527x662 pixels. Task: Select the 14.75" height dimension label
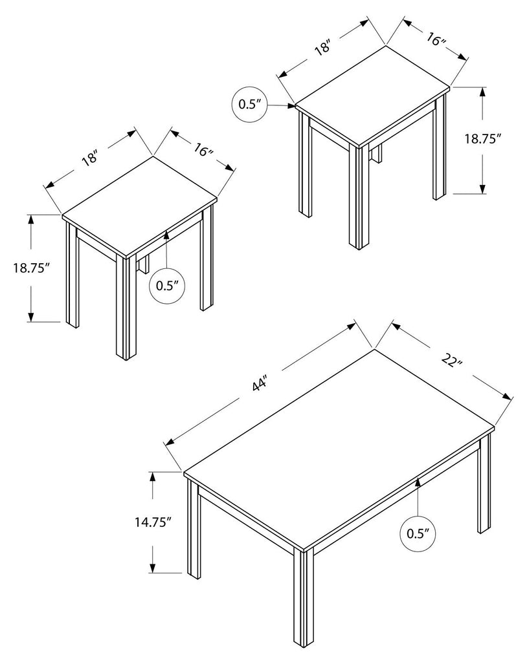click(x=153, y=522)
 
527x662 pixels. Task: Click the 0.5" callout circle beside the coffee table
click(x=418, y=533)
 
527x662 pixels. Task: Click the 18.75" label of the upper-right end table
click(x=482, y=139)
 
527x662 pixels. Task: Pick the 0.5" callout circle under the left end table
click(x=168, y=286)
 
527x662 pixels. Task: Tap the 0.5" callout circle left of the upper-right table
click(x=251, y=105)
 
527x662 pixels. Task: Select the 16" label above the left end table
click(x=204, y=149)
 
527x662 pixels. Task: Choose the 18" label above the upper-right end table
click(x=322, y=47)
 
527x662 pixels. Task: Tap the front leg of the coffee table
click(x=304, y=601)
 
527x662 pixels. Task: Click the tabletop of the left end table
click(x=140, y=206)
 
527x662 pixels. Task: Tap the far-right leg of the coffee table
click(x=485, y=484)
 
